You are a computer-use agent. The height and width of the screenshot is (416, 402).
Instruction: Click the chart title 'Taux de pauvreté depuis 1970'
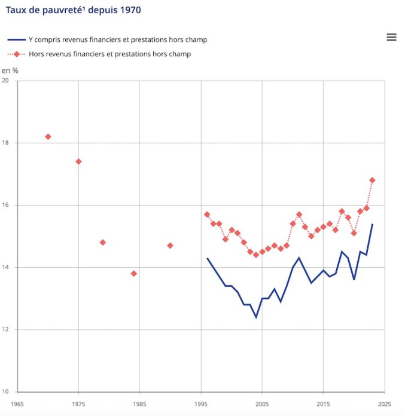(x=74, y=11)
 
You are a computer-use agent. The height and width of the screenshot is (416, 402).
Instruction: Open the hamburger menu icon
(x=392, y=37)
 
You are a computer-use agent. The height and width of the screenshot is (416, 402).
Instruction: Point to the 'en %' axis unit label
(x=10, y=71)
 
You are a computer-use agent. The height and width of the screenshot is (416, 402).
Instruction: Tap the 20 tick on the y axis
(x=6, y=81)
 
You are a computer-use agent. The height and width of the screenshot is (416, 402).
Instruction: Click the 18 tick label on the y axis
(x=6, y=143)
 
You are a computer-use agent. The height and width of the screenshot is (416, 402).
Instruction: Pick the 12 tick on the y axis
(x=6, y=330)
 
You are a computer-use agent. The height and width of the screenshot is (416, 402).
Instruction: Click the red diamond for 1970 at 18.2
(x=48, y=137)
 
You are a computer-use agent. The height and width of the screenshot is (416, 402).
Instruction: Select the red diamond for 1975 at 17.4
(x=78, y=161)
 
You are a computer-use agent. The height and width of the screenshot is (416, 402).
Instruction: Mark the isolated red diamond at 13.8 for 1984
(x=133, y=274)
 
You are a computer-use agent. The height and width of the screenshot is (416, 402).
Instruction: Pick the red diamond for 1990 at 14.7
(x=170, y=246)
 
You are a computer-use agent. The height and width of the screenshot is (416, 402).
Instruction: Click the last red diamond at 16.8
(x=372, y=180)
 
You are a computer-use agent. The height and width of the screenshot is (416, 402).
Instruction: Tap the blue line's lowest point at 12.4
(x=256, y=317)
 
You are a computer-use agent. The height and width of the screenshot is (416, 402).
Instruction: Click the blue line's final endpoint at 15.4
(x=372, y=224)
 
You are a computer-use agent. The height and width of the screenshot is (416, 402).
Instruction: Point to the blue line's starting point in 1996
(x=207, y=258)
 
